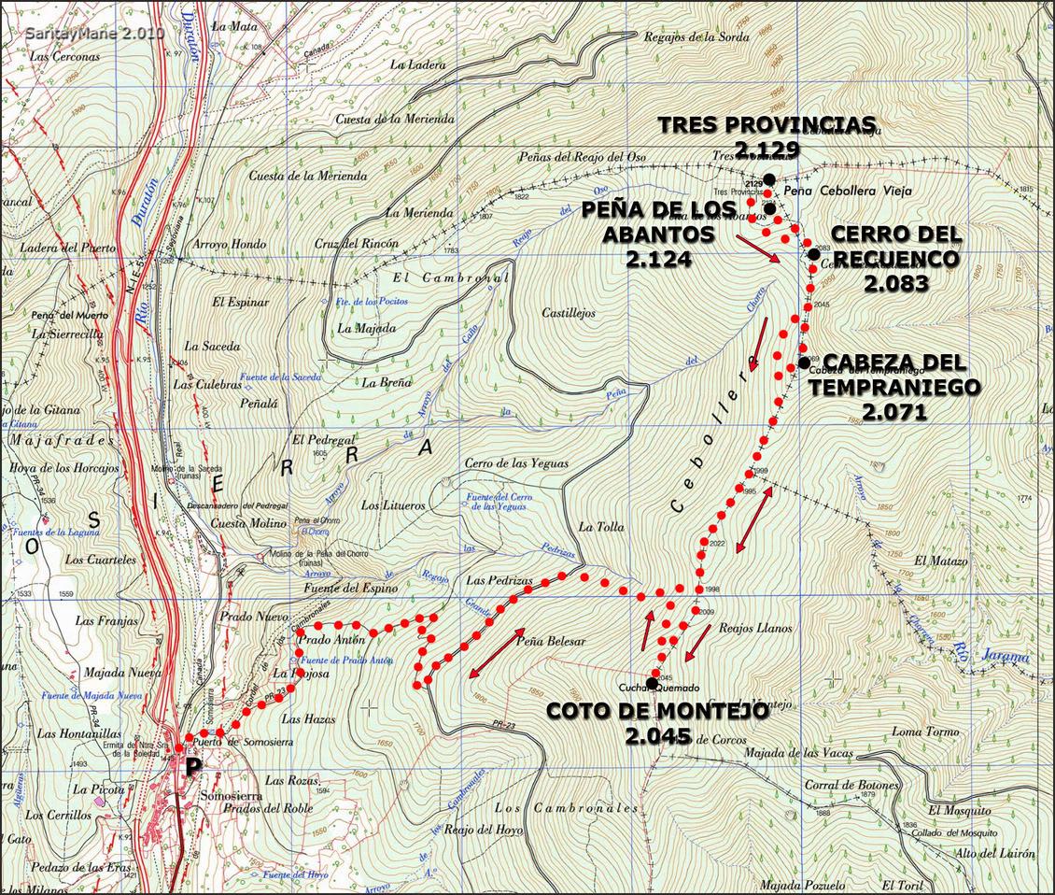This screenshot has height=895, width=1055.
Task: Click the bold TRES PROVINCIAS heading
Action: (767, 124)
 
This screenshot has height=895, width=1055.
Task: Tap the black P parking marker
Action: (193, 768)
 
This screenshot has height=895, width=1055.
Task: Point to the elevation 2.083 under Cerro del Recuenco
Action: (895, 283)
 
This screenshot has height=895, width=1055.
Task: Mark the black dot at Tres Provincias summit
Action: (768, 178)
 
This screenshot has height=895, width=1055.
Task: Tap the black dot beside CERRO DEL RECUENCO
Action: (814, 253)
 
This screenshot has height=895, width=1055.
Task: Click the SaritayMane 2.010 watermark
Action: (94, 33)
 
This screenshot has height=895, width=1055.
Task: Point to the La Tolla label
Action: (600, 527)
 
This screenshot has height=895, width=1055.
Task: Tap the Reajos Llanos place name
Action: (755, 629)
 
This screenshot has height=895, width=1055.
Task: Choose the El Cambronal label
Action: (450, 278)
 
